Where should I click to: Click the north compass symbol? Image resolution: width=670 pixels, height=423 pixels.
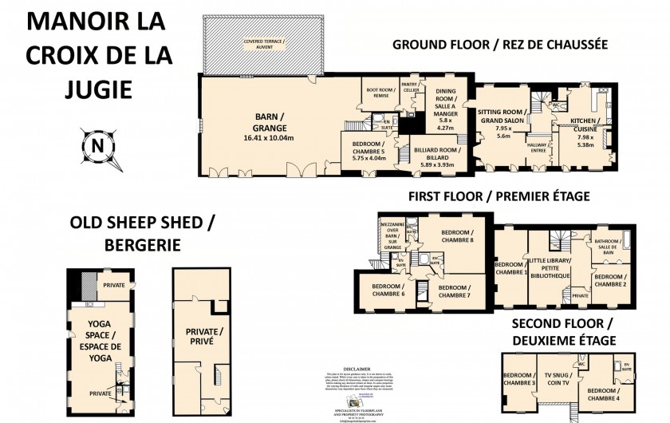tap(97, 147)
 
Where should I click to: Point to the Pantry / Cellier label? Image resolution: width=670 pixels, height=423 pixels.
tap(411, 88)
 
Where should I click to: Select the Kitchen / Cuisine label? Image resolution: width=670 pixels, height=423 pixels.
tap(586, 131)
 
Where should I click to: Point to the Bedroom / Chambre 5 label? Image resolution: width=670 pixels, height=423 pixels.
tap(368, 151)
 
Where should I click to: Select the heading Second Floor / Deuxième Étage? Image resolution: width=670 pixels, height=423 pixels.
tap(562, 331)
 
